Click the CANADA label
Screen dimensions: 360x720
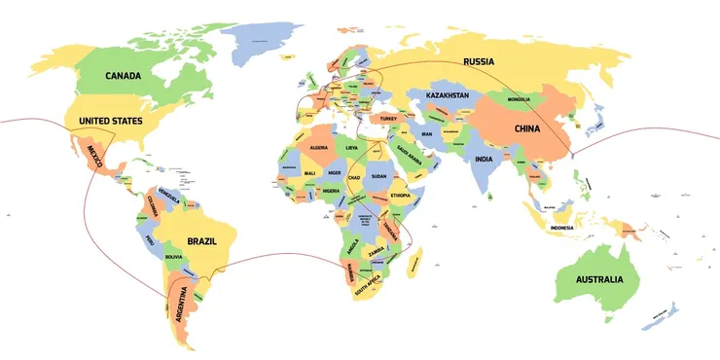124,76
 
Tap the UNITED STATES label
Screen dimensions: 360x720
110,121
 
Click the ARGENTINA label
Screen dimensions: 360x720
181,304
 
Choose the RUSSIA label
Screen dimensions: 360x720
479,61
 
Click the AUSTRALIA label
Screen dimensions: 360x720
599,280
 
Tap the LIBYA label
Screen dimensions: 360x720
351,147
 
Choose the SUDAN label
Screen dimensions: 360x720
379,176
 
